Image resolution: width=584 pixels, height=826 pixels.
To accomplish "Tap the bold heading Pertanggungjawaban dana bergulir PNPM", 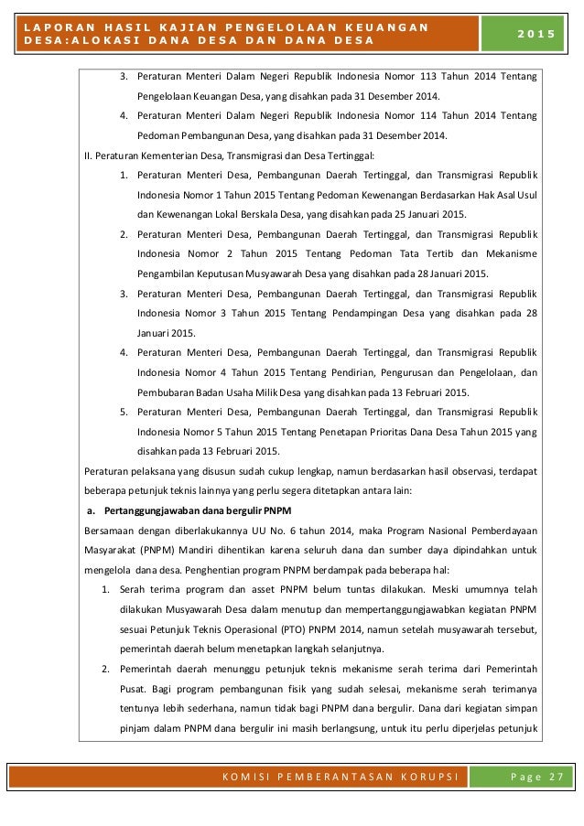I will point(176,510).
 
